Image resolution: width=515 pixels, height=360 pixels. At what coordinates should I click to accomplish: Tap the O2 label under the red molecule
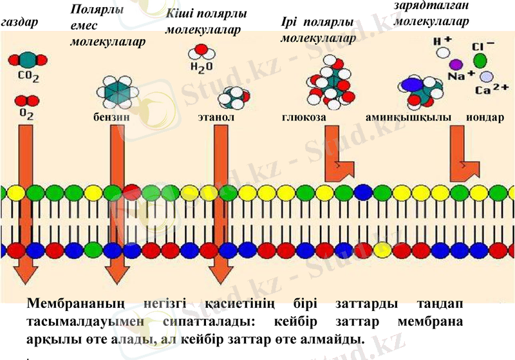point(25,114)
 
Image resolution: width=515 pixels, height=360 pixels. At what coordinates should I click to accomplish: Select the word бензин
point(107,118)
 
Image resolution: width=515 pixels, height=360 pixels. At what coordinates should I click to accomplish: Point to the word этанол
point(216,118)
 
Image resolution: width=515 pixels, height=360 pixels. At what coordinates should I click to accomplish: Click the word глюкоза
point(303,118)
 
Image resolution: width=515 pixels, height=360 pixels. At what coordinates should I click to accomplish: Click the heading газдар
point(20,23)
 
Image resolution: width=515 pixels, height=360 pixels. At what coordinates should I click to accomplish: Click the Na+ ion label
point(457,76)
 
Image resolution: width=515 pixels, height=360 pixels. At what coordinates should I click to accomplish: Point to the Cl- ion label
point(483,46)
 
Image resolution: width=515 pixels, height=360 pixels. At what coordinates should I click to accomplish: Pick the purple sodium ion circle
point(456,64)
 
